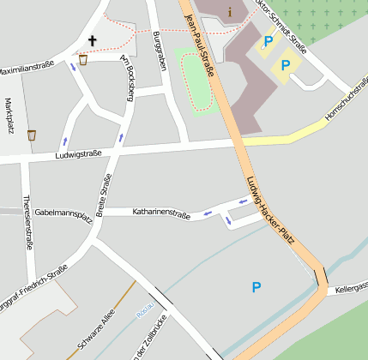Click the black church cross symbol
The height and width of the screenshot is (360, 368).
coord(93,39)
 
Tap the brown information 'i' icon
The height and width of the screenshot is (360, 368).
coord(230,12)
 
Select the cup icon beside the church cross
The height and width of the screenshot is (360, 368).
coord(82,59)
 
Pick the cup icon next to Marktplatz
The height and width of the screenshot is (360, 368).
coord(32,135)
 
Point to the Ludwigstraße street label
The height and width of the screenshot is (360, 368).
coord(78,154)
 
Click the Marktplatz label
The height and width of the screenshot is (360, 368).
coord(9,116)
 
